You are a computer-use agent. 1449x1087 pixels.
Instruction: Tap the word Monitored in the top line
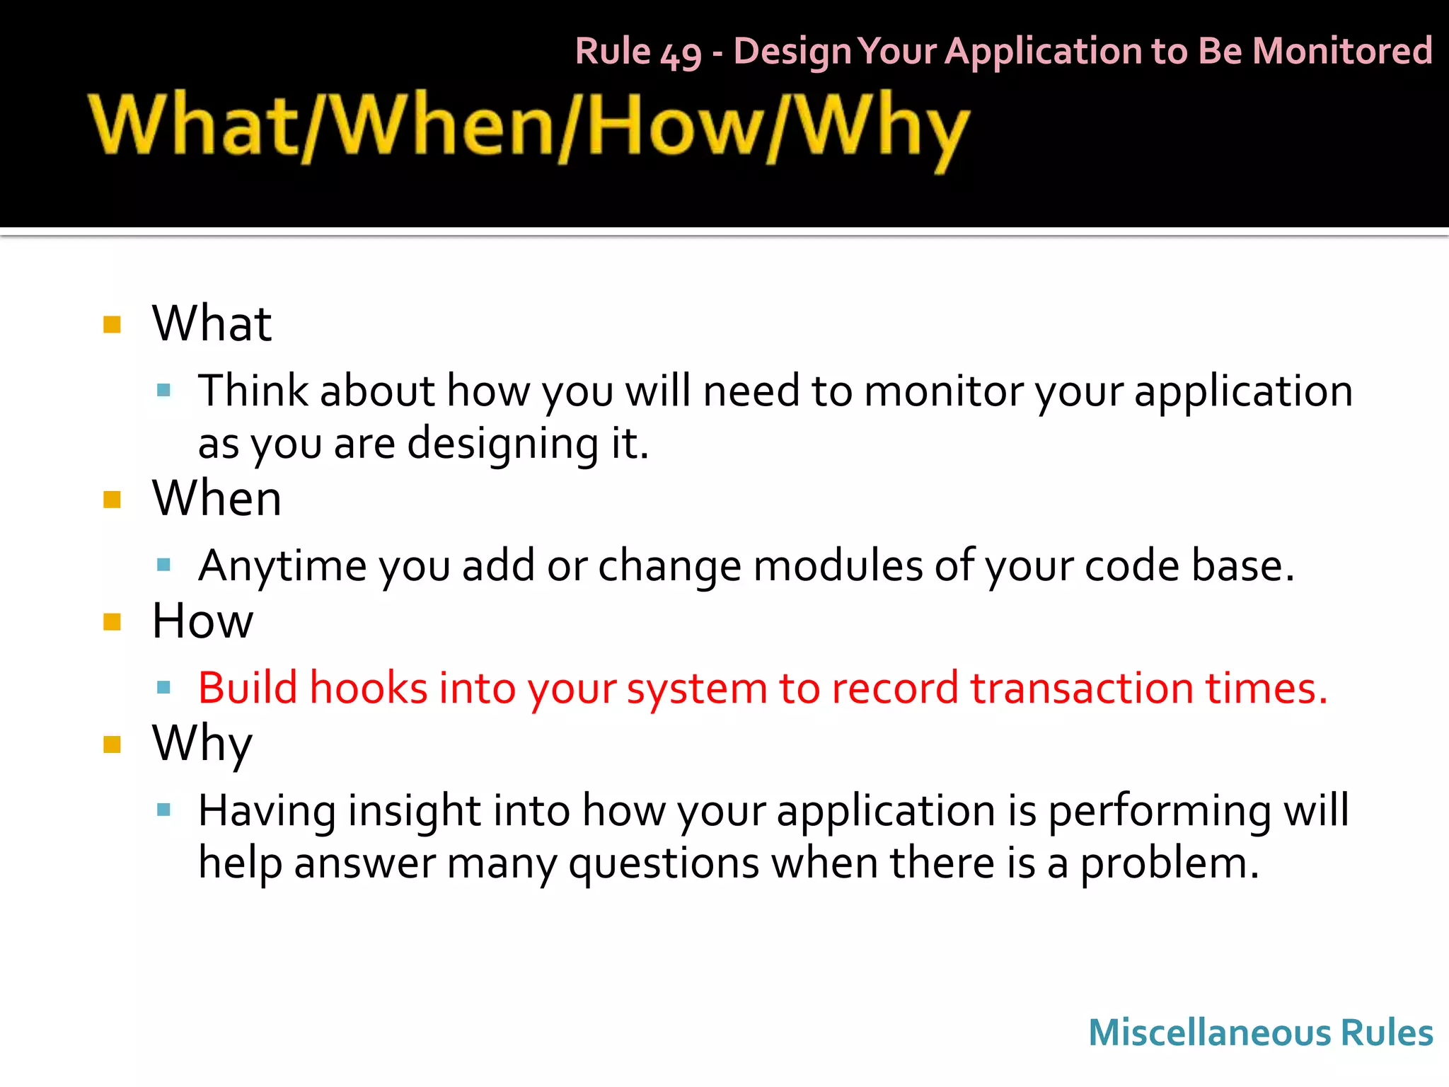tap(1341, 51)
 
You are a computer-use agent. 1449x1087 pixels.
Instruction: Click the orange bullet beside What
tap(112, 325)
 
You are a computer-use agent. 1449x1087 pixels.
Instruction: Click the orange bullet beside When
tap(112, 500)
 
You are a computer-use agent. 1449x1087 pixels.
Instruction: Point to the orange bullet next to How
tap(112, 622)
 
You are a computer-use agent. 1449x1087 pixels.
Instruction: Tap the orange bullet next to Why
tap(112, 744)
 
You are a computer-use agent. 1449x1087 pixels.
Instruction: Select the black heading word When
tap(217, 498)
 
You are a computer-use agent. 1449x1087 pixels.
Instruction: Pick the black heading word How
tap(202, 621)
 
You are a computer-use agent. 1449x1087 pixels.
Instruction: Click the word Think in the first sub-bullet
tap(253, 391)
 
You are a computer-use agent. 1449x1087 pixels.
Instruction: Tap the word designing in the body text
tap(502, 444)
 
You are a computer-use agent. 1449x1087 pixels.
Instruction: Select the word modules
tap(837, 566)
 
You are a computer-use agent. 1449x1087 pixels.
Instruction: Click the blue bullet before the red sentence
tap(163, 687)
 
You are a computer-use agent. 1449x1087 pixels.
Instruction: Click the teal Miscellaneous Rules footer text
tap(1260, 1033)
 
